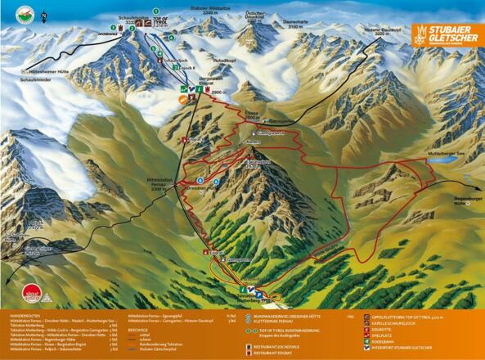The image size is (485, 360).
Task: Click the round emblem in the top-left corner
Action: (21, 14)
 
